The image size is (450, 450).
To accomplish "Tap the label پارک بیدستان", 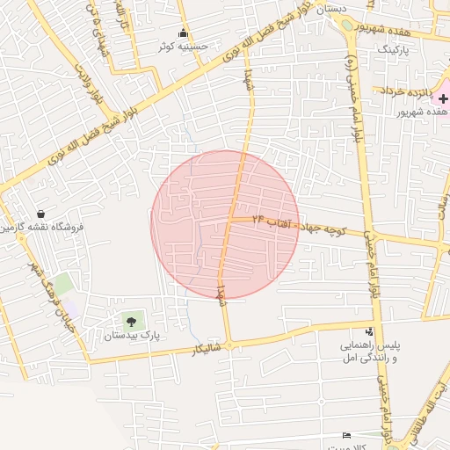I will (132, 336).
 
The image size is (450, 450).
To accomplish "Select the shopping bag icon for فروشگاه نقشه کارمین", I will (41, 214).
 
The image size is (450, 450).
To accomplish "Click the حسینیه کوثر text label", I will (183, 47).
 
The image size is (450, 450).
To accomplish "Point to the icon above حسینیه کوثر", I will (183, 34).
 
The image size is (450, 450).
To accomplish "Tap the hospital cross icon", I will (443, 100).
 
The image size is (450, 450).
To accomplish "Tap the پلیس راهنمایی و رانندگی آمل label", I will (369, 353).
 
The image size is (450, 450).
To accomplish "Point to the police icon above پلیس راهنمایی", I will (369, 332).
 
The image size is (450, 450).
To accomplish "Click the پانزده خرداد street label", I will (410, 91).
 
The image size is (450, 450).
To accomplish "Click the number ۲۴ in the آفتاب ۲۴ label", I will (258, 217).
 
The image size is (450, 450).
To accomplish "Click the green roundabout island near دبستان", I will (351, 25).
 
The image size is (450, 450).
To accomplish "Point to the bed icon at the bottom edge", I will (345, 435).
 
